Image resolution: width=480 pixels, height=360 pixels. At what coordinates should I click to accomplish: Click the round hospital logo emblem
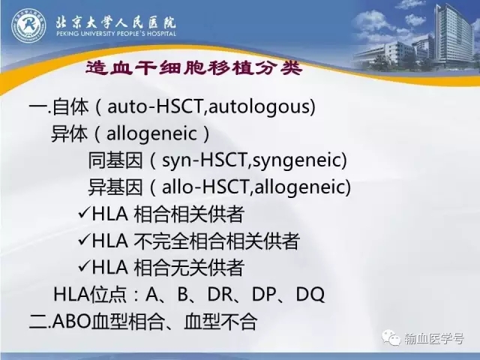(x=28, y=25)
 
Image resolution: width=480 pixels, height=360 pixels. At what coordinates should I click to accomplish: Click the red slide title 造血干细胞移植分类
(x=194, y=68)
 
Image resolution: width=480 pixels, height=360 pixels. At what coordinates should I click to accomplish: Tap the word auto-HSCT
(x=155, y=106)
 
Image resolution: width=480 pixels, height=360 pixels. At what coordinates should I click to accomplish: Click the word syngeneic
(x=297, y=160)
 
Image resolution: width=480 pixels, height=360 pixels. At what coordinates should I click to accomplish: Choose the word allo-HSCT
(x=205, y=187)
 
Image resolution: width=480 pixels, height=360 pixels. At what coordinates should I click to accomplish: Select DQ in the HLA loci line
(x=310, y=295)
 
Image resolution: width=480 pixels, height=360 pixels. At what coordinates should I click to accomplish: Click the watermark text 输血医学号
(x=434, y=338)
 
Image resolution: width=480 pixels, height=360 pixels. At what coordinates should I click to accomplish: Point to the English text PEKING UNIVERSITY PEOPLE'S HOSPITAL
(x=116, y=33)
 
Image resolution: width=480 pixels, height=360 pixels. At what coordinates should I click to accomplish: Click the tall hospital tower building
(x=453, y=35)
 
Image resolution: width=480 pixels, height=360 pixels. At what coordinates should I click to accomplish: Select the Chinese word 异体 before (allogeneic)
(x=70, y=133)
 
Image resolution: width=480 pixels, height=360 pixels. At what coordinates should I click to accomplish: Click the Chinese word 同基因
(x=115, y=160)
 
